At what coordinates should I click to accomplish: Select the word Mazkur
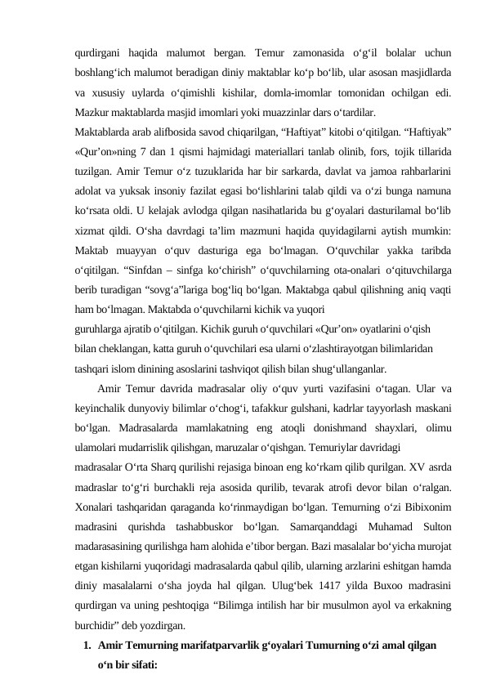92,110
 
